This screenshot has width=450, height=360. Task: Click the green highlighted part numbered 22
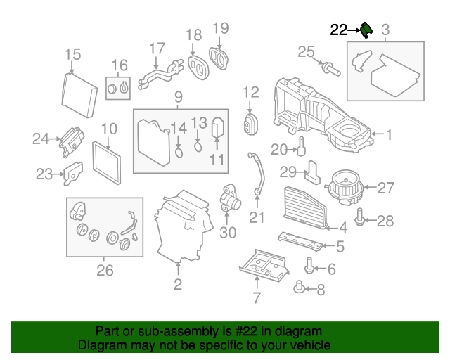[x=366, y=30]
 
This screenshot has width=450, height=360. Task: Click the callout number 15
[x=72, y=54]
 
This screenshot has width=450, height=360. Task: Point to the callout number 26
[x=105, y=269]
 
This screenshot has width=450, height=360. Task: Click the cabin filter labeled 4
[x=305, y=207]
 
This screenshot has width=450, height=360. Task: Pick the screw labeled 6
[x=309, y=267]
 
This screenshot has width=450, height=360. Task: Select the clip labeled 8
[x=300, y=287]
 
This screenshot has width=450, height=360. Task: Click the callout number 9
[x=178, y=96]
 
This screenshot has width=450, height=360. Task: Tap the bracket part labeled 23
[x=73, y=173]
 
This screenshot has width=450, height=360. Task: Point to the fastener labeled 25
[x=329, y=68]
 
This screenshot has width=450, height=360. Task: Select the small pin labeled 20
[x=301, y=148]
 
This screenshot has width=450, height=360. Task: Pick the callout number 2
[x=178, y=284]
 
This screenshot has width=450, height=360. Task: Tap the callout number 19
[x=221, y=28]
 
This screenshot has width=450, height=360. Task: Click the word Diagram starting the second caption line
[x=98, y=346]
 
